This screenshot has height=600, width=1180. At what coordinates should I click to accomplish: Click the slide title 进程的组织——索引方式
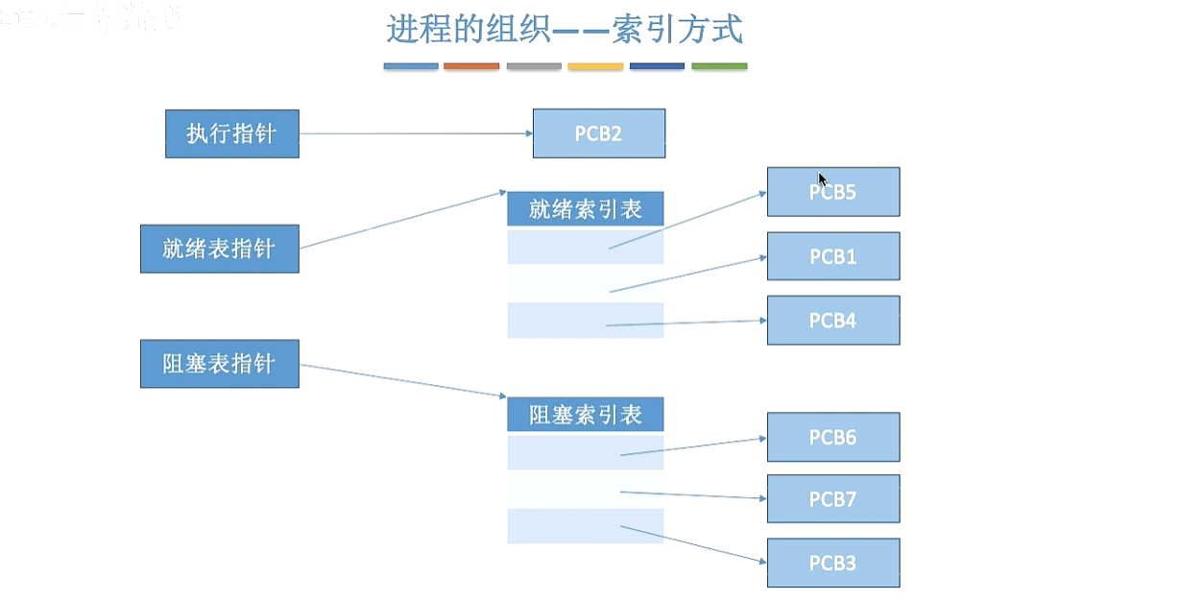[565, 30]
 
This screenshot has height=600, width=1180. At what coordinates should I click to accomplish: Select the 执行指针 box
[231, 133]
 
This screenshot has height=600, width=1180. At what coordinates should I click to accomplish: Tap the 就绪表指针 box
[219, 249]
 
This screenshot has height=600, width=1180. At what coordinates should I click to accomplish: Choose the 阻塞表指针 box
[219, 364]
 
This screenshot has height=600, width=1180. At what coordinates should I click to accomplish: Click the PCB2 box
[598, 133]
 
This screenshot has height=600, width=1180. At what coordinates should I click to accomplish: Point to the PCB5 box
[832, 192]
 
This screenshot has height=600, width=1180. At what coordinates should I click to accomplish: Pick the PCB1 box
[832, 256]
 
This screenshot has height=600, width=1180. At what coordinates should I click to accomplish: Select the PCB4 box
[832, 321]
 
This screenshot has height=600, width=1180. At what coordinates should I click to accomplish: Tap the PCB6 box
[832, 438]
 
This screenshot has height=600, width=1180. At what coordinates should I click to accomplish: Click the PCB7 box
[832, 499]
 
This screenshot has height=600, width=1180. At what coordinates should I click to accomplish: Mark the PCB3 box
[832, 563]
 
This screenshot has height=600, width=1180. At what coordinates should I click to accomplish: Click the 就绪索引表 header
[585, 209]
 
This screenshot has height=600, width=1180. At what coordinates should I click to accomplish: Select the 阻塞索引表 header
[585, 415]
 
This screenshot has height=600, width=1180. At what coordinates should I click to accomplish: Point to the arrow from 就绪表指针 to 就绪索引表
[403, 220]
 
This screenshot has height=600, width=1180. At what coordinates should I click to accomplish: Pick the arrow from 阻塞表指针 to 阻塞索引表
[403, 380]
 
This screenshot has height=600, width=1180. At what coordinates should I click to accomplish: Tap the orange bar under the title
[471, 66]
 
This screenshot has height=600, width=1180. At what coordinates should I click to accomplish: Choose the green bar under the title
[719, 66]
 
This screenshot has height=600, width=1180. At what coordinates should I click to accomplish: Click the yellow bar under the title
[595, 66]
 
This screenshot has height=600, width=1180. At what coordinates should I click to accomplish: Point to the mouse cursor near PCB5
[822, 178]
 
